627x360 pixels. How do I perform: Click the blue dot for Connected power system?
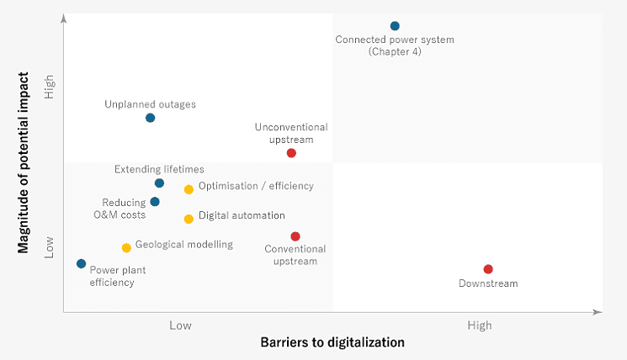click(395, 26)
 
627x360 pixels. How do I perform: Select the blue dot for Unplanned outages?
click(150, 118)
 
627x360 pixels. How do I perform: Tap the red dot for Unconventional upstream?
click(291, 153)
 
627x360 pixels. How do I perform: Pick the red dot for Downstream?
click(488, 269)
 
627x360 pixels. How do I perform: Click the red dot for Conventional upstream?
click(295, 236)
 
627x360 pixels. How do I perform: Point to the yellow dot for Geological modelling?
click(126, 247)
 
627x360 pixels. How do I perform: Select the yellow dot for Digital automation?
click(189, 219)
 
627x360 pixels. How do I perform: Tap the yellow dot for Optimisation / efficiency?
click(189, 189)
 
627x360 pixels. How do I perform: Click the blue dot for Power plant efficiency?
click(81, 263)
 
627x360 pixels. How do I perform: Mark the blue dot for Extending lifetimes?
click(159, 183)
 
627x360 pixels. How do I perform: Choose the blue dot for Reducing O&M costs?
click(155, 202)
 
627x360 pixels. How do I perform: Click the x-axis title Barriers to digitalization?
click(332, 342)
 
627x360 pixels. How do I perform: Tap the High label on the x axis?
click(480, 326)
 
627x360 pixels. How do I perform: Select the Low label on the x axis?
click(180, 326)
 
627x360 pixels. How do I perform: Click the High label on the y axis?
click(50, 87)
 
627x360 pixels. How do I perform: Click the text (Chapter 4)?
click(395, 52)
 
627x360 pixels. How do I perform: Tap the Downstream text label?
click(488, 283)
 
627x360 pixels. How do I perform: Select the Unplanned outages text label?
click(150, 104)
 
